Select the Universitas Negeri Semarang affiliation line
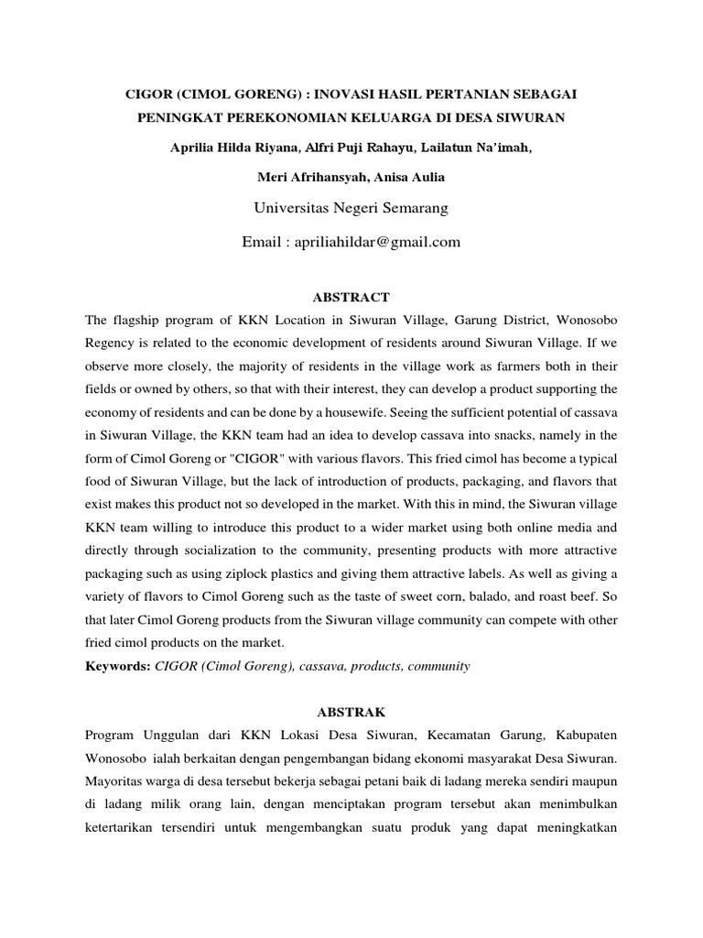click(x=351, y=209)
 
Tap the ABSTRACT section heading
click(x=351, y=297)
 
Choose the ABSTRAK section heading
click(x=351, y=711)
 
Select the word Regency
click(x=111, y=343)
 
